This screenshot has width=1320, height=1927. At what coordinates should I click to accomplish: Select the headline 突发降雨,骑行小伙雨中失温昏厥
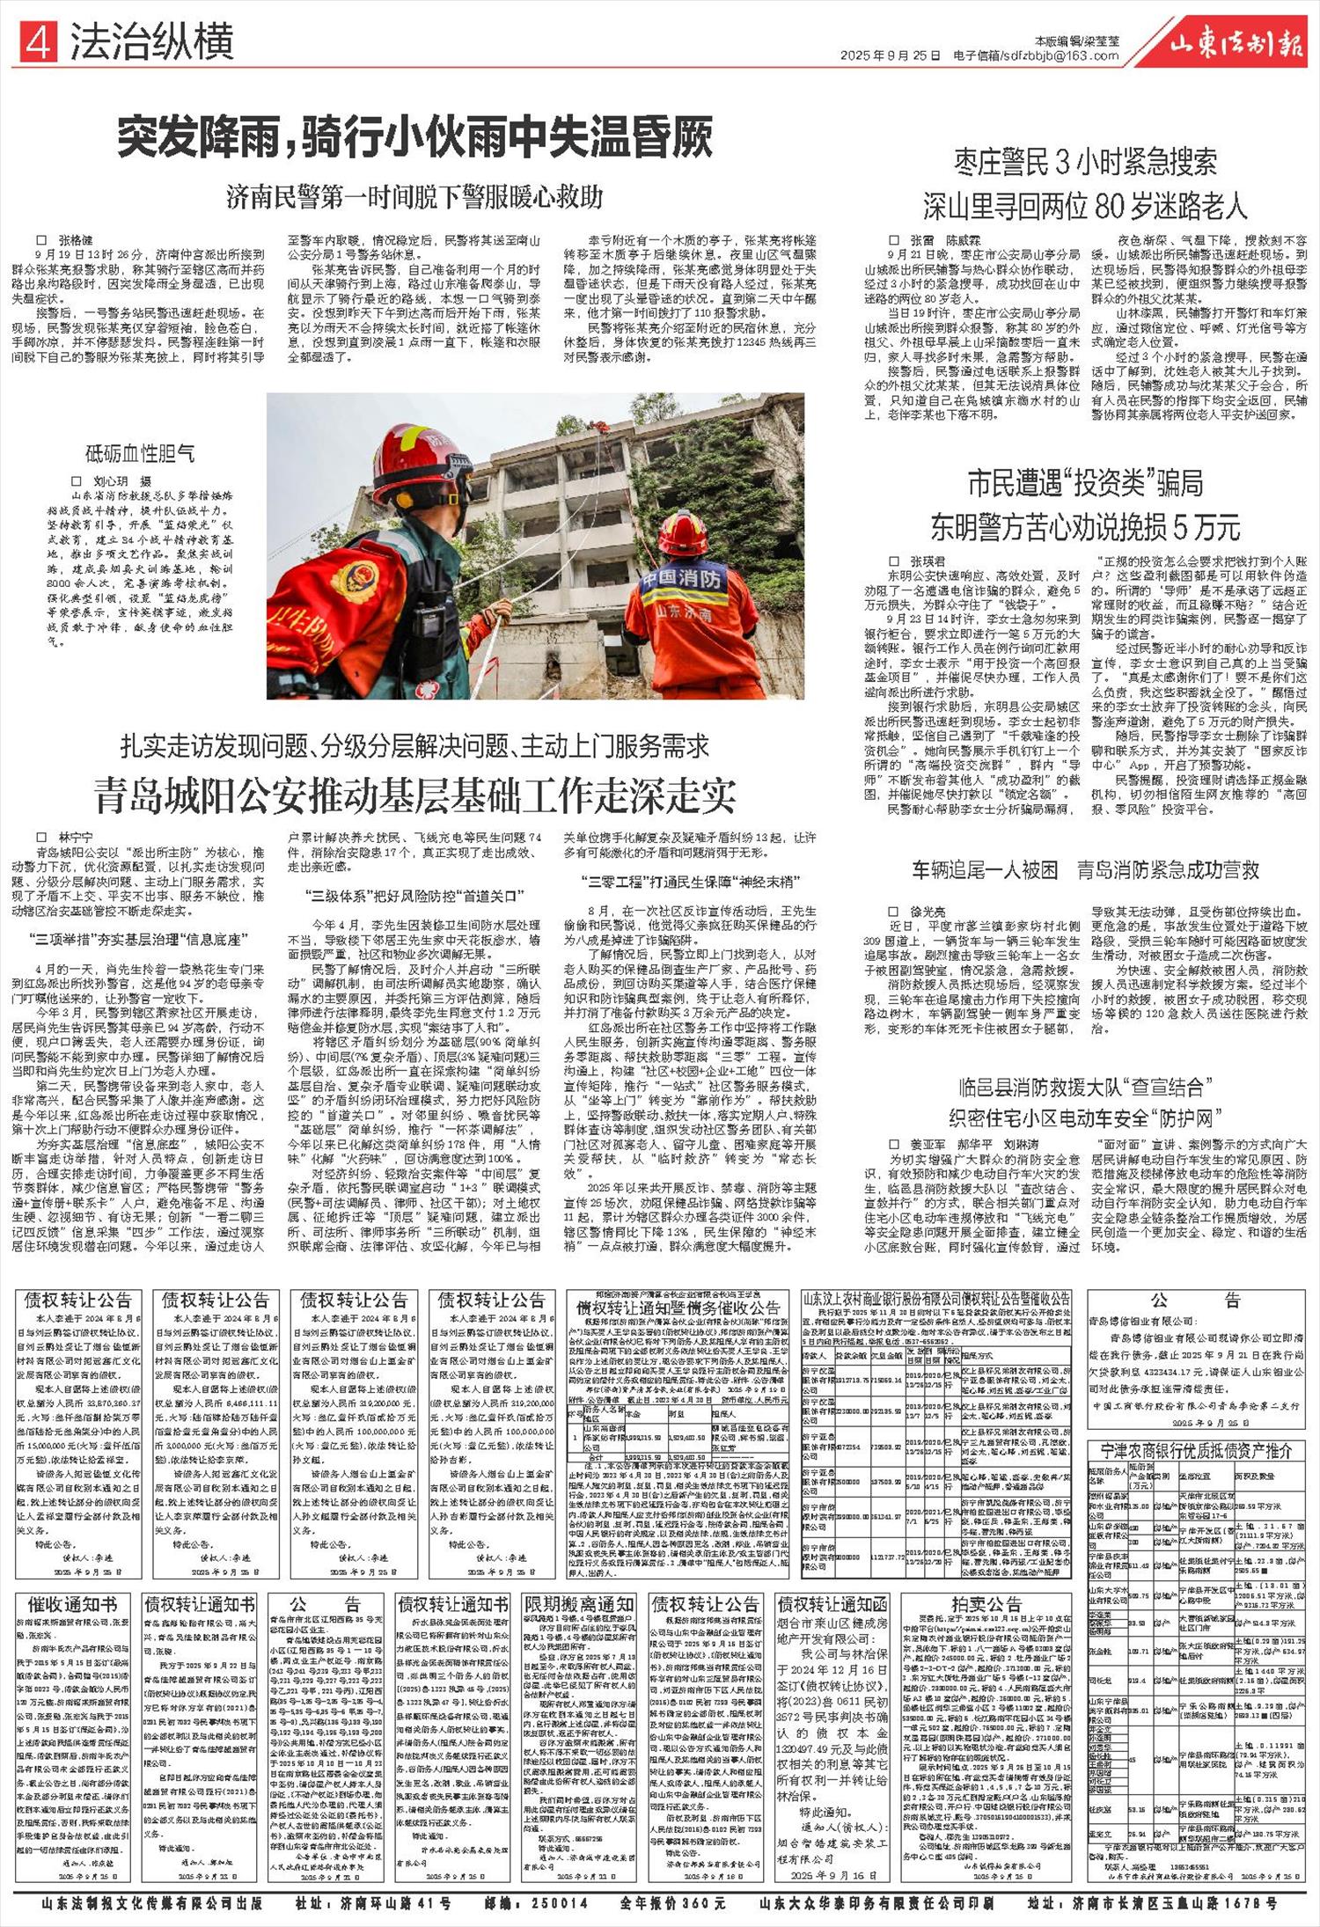414,138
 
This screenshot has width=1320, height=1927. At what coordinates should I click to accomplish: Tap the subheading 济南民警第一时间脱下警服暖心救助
414,196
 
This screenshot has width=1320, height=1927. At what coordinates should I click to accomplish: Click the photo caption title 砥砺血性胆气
139,453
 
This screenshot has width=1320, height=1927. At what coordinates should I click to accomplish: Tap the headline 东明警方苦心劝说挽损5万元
1085,526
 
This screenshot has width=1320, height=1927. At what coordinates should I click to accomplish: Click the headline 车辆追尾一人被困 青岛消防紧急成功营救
1085,870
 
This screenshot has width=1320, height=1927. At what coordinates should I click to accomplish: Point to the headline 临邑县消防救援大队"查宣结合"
1085,1087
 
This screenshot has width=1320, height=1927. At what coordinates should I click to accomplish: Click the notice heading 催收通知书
73,1604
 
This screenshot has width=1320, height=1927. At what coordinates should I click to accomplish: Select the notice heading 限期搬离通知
577,1604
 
